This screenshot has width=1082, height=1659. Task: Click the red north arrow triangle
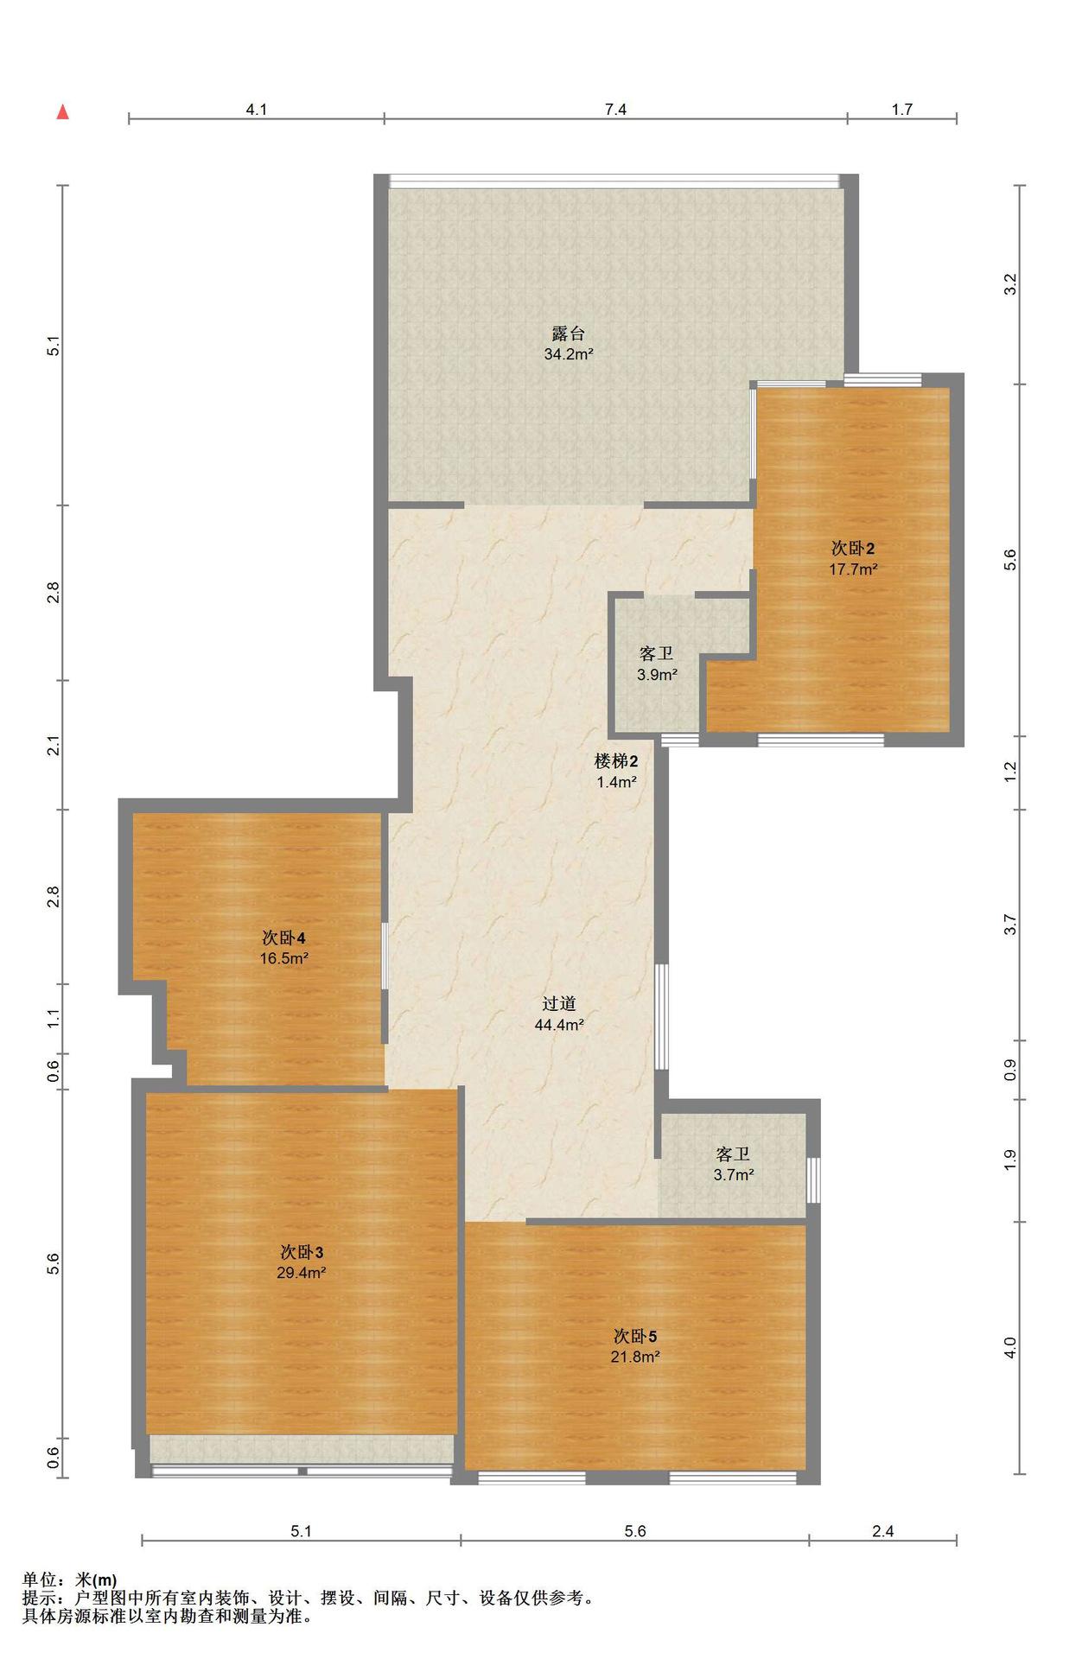coord(62,112)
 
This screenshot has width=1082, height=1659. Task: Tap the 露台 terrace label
coord(569,333)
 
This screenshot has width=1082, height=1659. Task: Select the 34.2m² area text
coord(569,354)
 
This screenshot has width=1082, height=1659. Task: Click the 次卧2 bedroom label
coord(853,548)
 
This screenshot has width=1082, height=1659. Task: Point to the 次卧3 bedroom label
coord(302,1252)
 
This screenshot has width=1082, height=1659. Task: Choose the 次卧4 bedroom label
coord(284,938)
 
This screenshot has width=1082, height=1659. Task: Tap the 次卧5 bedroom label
coord(635,1336)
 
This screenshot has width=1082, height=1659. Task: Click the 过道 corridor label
coord(559,1004)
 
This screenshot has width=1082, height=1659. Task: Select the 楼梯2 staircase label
coord(616,761)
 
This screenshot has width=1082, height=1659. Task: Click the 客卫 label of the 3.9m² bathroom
coord(657,654)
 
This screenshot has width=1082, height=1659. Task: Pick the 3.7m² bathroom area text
coord(733,1175)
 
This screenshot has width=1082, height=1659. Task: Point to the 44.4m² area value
coord(559,1026)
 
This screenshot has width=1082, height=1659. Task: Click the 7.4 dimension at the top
coord(615,109)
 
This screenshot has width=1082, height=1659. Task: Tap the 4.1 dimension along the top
coord(257,109)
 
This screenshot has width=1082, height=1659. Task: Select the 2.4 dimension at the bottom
coord(882,1531)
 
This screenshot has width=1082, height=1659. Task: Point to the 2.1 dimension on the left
coord(54,745)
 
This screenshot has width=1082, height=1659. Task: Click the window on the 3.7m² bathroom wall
coord(813,1179)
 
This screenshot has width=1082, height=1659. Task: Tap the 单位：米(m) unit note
coord(70,1580)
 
